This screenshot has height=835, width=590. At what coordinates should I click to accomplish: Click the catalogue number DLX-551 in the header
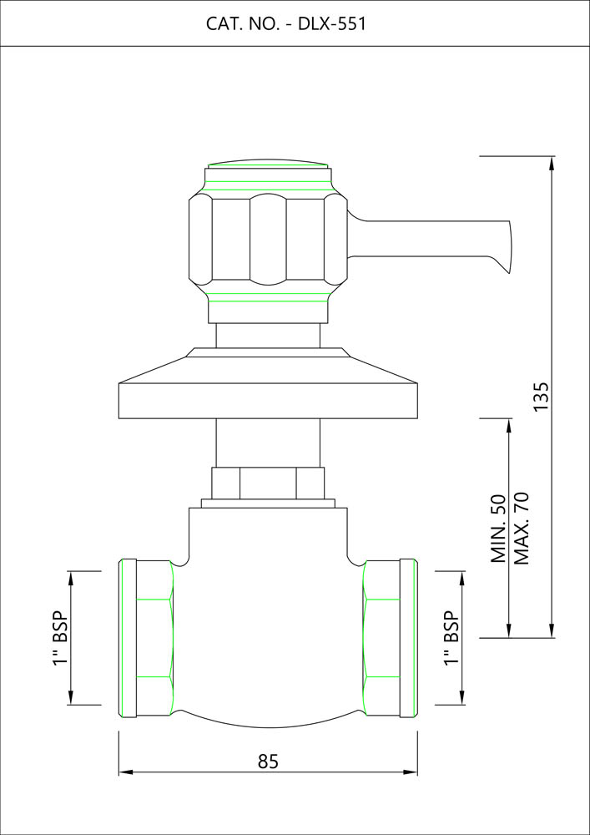pos(332,24)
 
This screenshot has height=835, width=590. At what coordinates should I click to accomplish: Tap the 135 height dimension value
pos(541,396)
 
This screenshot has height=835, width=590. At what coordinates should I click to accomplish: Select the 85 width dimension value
pos(268,762)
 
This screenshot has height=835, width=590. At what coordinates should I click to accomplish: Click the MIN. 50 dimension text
pos(498,528)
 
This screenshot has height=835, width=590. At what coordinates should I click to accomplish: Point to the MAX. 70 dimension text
pos(522,528)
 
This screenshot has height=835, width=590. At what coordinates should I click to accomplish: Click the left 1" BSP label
pos(61,637)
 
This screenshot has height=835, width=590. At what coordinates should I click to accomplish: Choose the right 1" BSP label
pos(451,637)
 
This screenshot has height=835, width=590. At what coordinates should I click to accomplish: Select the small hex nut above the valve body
pos(268,483)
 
